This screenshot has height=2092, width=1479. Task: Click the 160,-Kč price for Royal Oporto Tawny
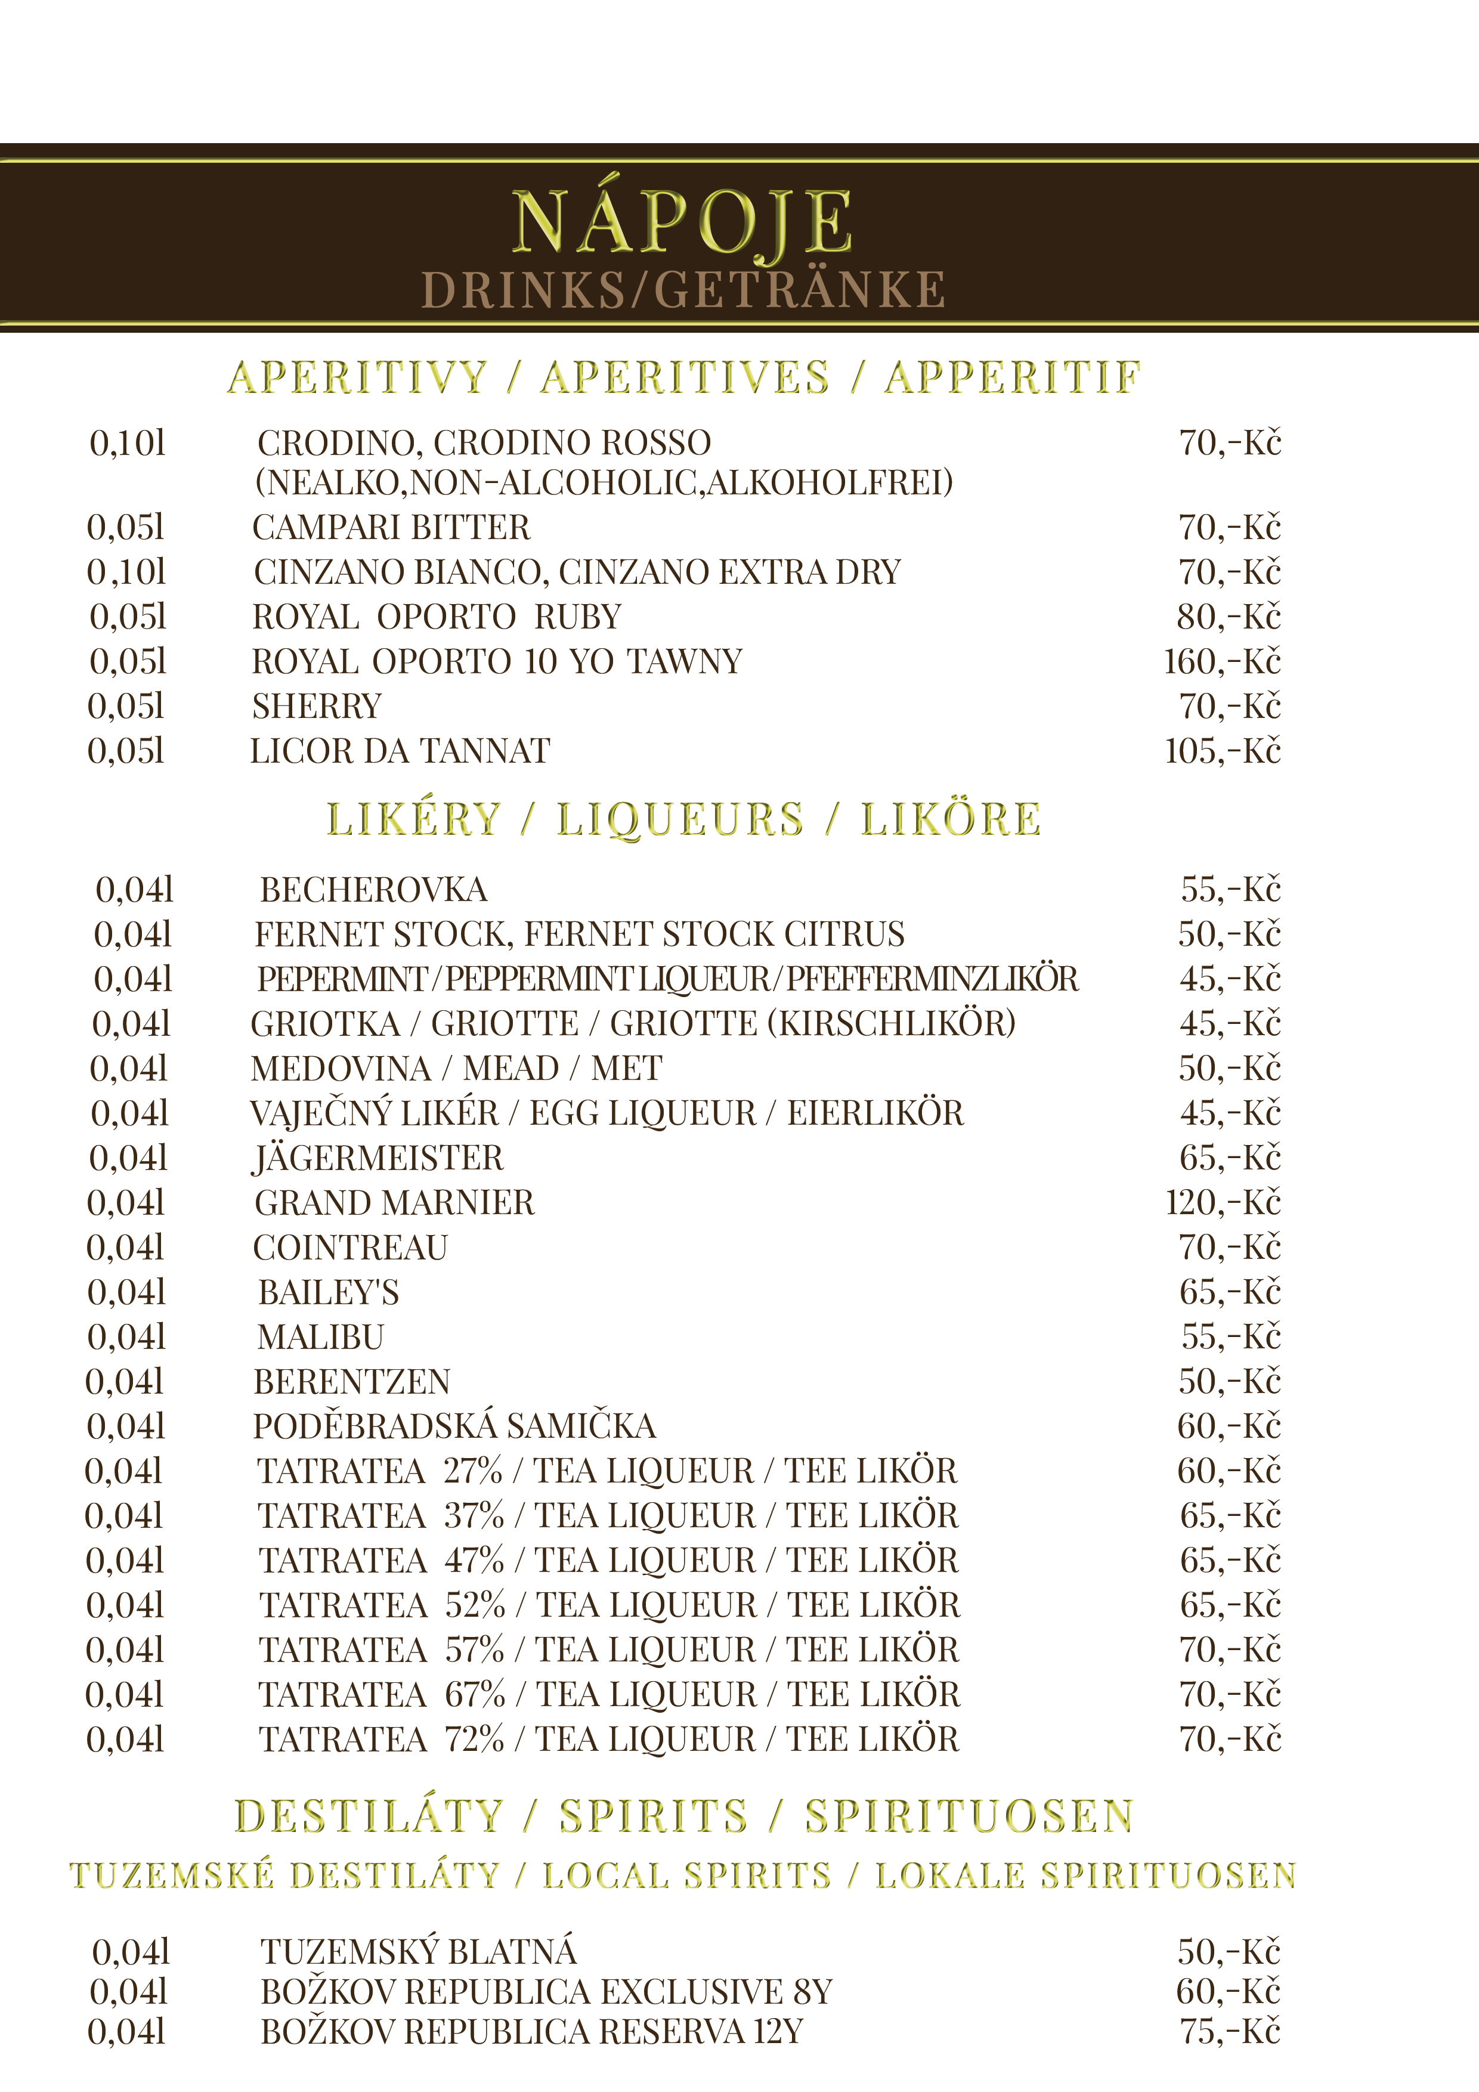(1222, 661)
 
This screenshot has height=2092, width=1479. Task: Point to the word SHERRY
(317, 706)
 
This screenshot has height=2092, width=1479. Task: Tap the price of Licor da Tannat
(1222, 751)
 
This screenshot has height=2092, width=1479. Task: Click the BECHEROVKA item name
(373, 889)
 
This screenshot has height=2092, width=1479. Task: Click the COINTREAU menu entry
(351, 1248)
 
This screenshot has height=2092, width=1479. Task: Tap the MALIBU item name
(321, 1336)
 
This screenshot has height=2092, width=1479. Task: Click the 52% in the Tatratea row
(475, 1605)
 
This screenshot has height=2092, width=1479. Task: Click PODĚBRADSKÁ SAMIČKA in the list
(454, 1426)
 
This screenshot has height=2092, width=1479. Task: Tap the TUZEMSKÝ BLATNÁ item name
(418, 1952)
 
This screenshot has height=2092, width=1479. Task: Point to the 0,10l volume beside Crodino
(128, 443)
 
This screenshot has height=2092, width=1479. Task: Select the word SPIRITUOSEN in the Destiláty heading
(969, 1816)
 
